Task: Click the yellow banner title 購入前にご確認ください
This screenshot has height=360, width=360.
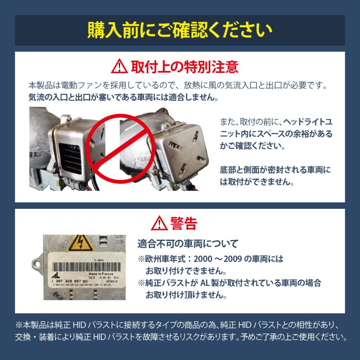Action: tap(180, 30)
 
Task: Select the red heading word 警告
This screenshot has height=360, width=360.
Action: tap(184, 222)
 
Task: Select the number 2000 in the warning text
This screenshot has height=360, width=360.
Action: tap(209, 259)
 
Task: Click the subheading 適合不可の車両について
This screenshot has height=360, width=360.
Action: tap(188, 243)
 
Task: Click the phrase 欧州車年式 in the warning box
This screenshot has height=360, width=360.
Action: tap(164, 259)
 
